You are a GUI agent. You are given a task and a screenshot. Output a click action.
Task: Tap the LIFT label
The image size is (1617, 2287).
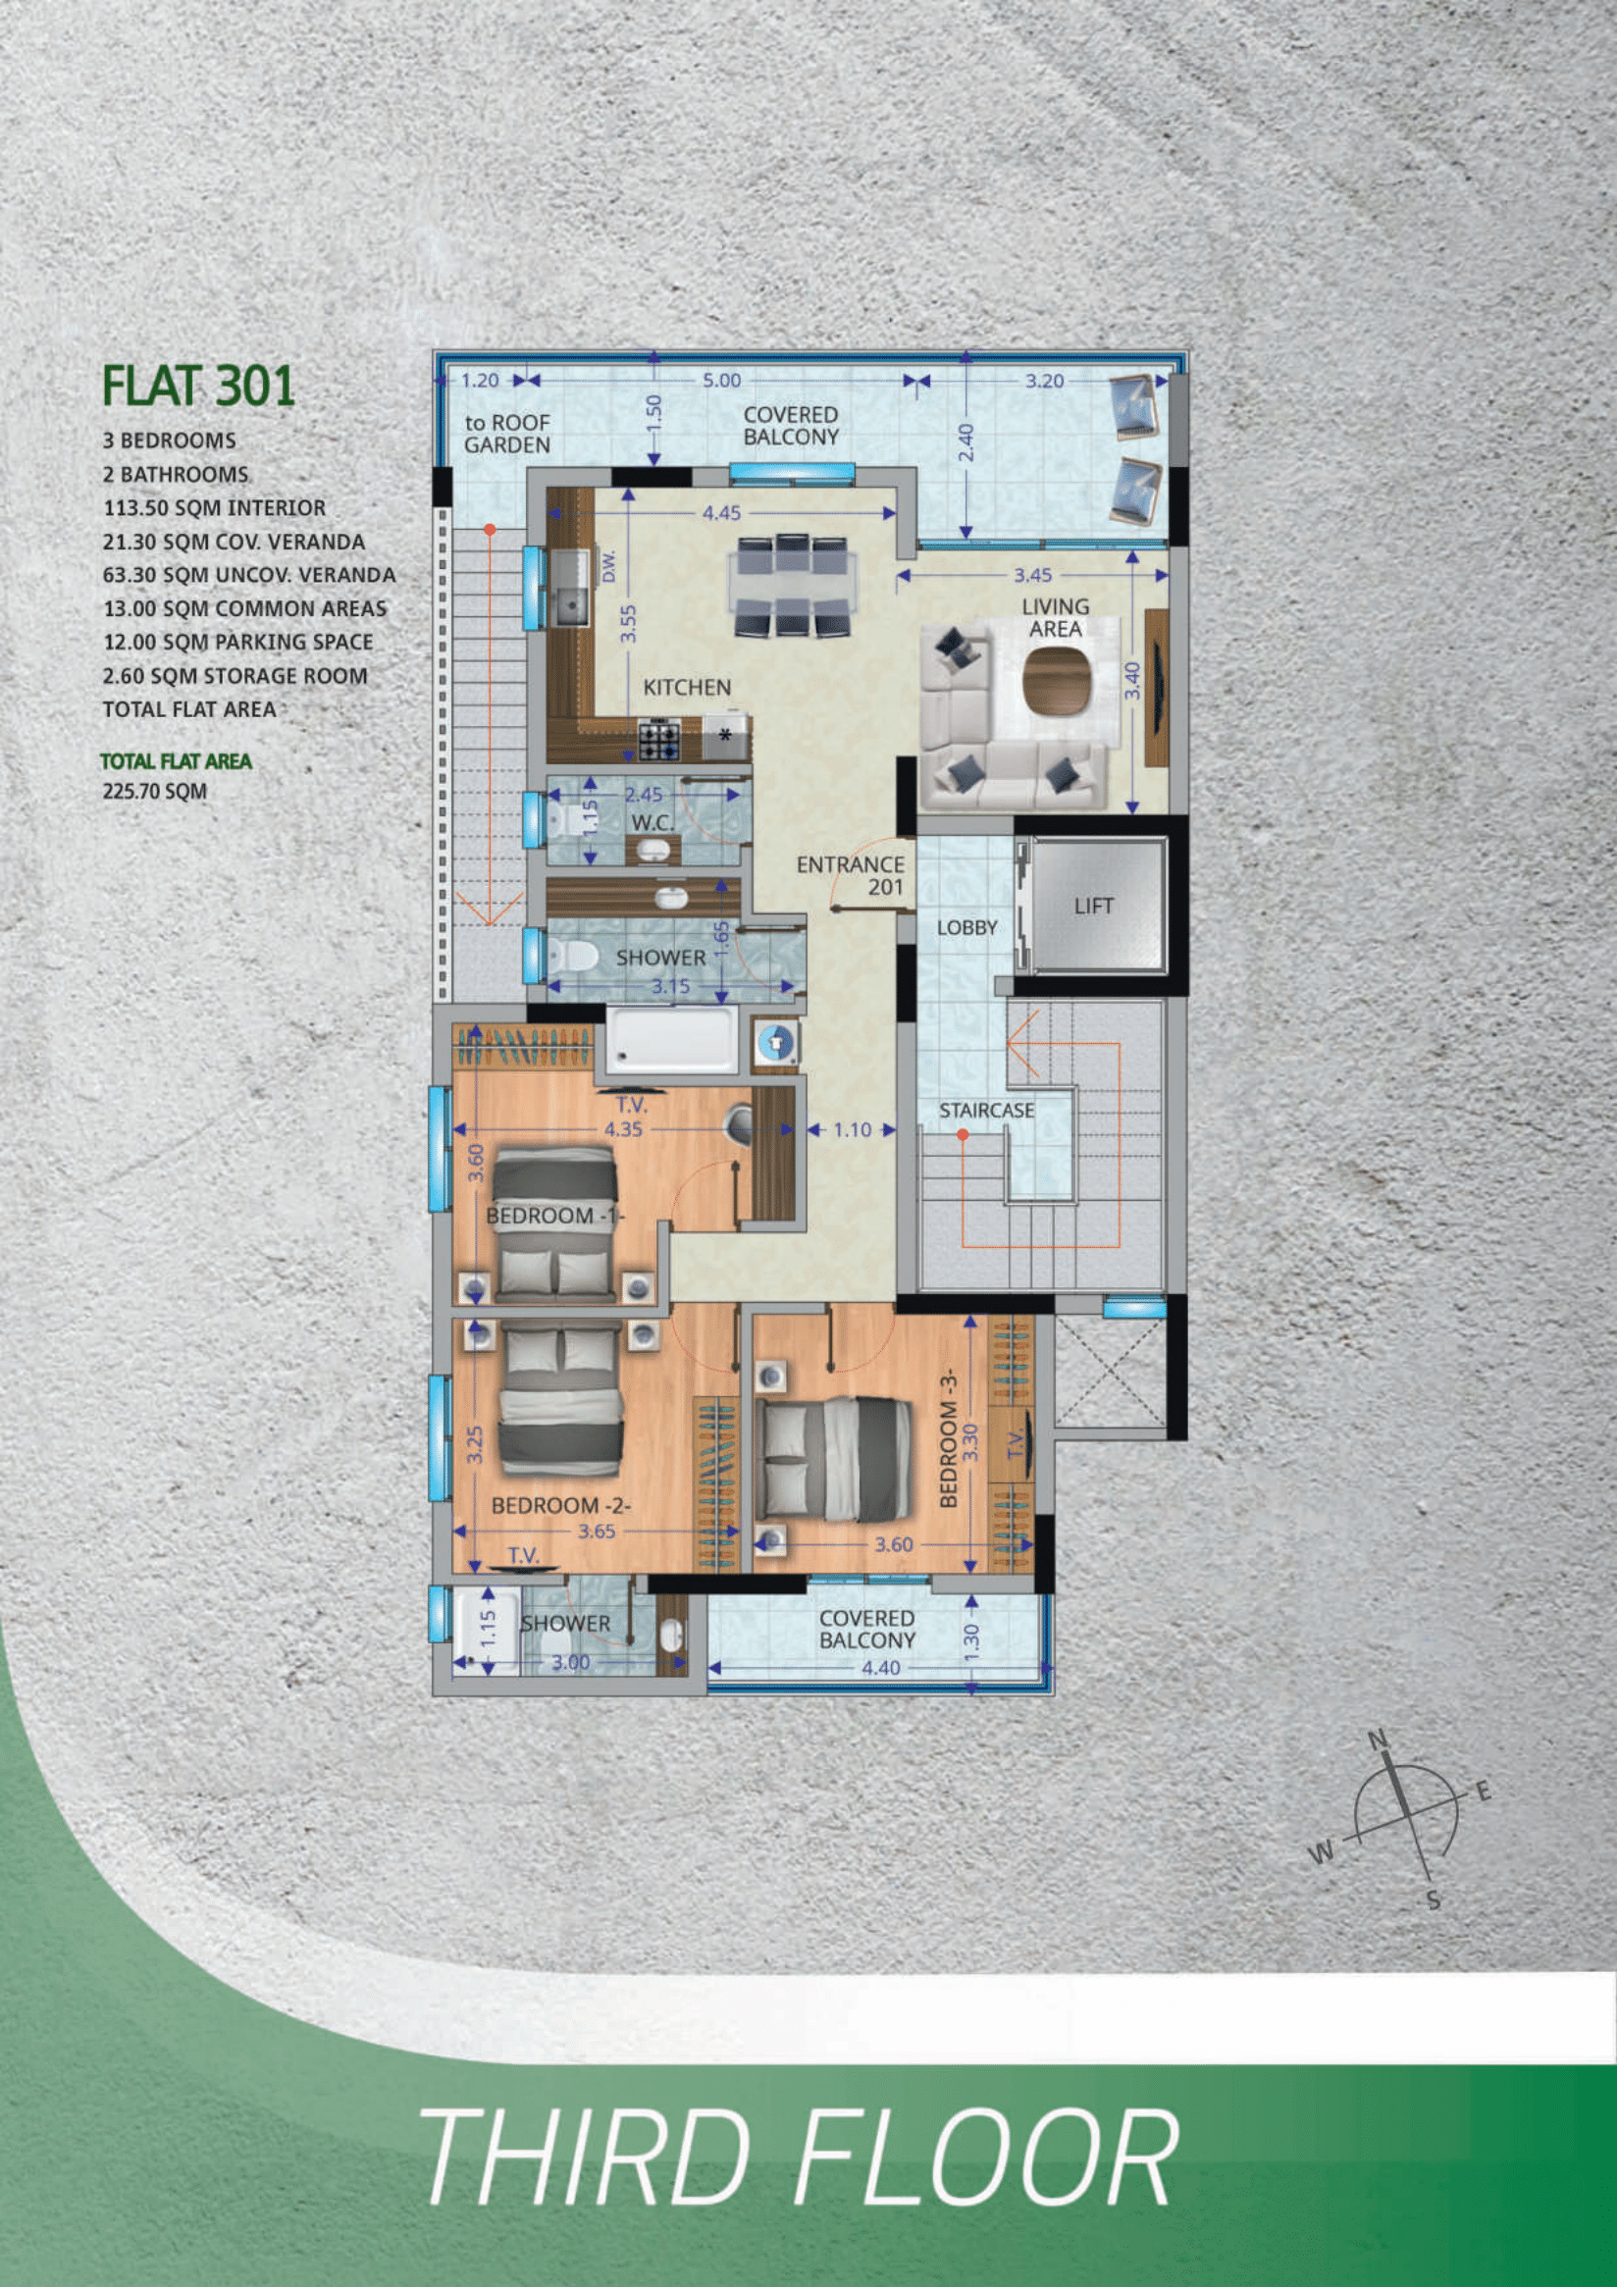pos(1093,906)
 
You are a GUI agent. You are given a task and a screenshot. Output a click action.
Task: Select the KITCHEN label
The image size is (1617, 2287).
pos(687,688)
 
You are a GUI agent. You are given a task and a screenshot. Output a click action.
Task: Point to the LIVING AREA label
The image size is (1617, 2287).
pos(1055,617)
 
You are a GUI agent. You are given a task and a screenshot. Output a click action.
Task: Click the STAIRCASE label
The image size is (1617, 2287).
pos(986,1110)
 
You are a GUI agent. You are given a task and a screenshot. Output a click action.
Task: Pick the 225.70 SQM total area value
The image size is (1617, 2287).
pos(154,792)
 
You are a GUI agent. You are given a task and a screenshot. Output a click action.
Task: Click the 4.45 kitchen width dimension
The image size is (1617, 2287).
pos(721,513)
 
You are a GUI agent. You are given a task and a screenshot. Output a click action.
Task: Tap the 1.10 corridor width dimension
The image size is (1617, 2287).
pos(852,1129)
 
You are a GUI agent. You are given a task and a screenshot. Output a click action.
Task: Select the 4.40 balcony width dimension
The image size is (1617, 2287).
pos(881,1668)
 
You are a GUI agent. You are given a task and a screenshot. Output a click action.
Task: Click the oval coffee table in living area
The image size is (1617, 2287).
pos(1056,681)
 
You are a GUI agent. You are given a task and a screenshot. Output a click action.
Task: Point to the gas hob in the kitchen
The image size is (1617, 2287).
pos(658,740)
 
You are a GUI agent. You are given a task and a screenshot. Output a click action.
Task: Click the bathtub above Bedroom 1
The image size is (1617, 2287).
pos(671,1040)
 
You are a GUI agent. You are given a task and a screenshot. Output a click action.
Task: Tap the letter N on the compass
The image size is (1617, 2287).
pos(1378,1740)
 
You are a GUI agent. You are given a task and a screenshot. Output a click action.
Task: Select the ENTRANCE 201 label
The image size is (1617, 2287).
pos(851,875)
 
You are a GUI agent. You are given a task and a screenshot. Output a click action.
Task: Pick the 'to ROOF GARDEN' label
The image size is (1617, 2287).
pos(507,434)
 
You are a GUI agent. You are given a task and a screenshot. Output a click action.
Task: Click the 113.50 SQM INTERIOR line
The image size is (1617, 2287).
pos(214,508)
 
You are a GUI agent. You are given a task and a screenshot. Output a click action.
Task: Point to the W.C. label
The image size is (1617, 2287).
pos(652,823)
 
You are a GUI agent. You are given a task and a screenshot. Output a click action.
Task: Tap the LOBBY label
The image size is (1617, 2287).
pos(966,927)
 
